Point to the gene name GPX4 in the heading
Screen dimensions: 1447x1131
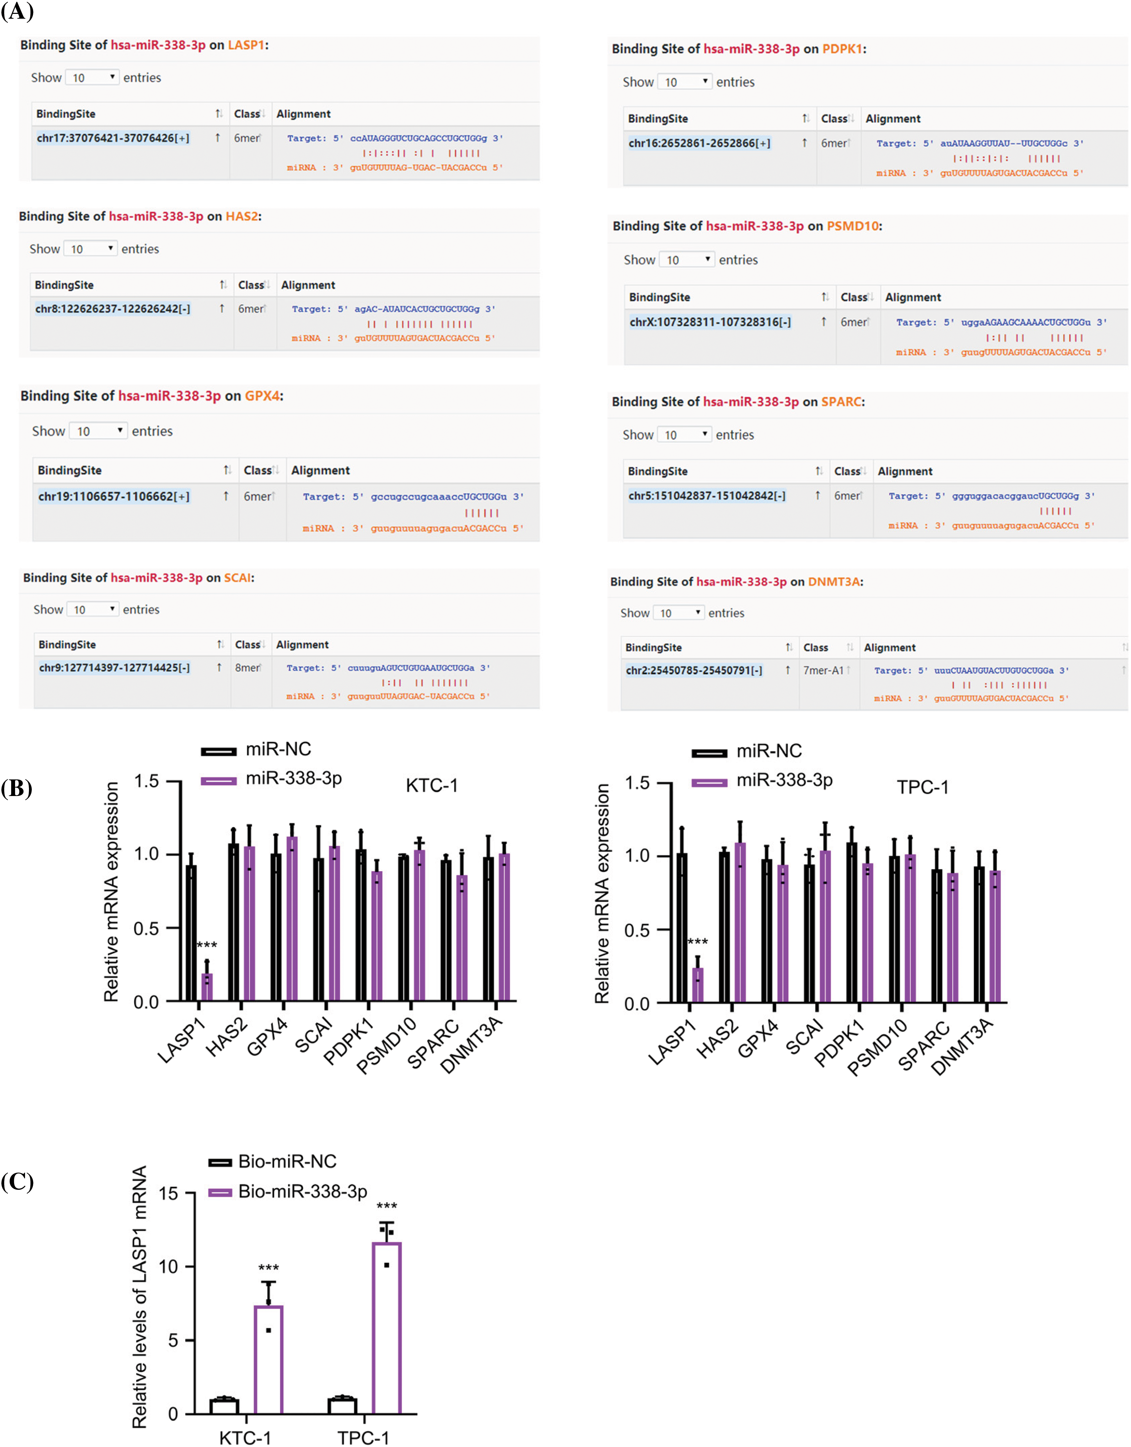pos(262,396)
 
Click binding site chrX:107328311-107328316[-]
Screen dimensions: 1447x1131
pos(710,322)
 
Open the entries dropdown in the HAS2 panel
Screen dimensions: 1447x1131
pos(91,248)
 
